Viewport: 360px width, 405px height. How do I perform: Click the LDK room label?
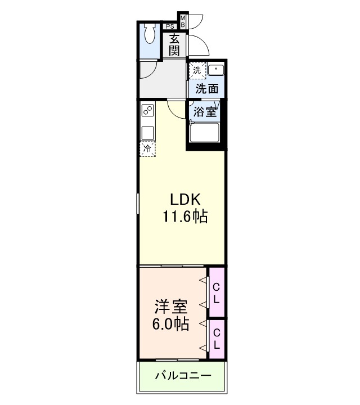coord(183,199)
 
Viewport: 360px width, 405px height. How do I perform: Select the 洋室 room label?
coord(171,307)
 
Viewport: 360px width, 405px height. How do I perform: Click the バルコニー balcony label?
coord(183,375)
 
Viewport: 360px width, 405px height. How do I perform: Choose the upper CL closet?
coord(216,292)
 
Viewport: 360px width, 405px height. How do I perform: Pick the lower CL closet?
coord(216,337)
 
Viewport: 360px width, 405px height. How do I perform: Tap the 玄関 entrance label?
coord(175,44)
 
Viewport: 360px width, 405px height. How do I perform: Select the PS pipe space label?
coord(169,26)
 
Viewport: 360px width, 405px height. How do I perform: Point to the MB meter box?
coord(183,22)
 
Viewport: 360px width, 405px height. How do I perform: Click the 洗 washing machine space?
coord(197,70)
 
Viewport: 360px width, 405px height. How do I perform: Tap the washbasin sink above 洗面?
coord(216,70)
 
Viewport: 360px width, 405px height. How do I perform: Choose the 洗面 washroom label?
coord(206,88)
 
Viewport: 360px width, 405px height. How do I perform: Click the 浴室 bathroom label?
coord(204,111)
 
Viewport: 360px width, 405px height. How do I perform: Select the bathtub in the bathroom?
coord(204,134)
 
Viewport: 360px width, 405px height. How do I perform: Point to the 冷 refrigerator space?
coord(147,149)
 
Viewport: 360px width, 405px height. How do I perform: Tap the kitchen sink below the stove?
coord(147,133)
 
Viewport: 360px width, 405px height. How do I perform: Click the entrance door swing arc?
coord(197,42)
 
